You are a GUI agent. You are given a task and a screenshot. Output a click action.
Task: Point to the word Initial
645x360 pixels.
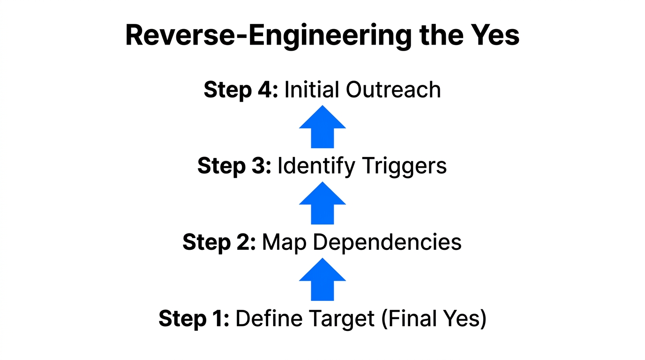pyautogui.click(x=312, y=90)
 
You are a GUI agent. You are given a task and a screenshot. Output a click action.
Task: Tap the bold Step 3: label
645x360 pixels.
pyautogui.click(x=234, y=166)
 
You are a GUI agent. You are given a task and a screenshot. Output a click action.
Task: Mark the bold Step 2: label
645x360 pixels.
pyautogui.click(x=219, y=242)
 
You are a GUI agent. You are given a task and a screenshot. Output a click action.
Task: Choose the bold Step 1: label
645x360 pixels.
pyautogui.click(x=194, y=319)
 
